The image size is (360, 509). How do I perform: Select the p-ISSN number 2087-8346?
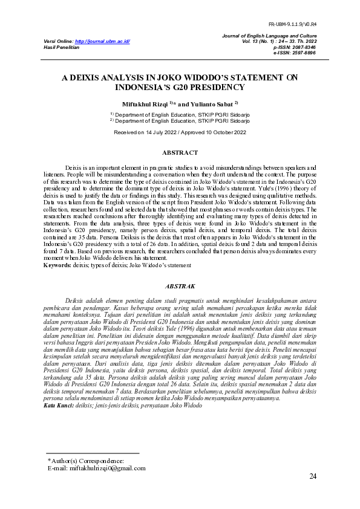[x=303, y=47]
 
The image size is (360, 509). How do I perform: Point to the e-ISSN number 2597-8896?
[x=303, y=53]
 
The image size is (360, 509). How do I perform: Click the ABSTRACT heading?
[x=180, y=153]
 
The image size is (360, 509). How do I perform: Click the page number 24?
[x=313, y=477]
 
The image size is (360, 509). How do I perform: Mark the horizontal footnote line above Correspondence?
[x=93, y=453]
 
